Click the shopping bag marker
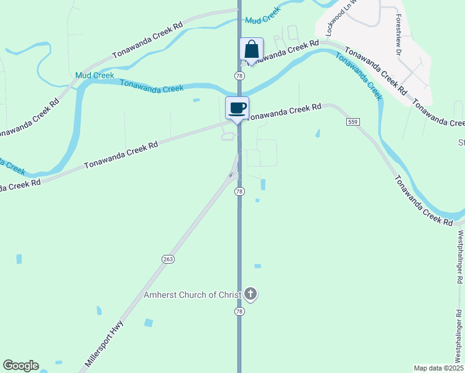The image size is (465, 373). [251, 49]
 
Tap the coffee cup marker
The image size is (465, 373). [237, 108]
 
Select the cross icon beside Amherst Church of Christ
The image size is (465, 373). [251, 294]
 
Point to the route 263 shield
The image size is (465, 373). [168, 259]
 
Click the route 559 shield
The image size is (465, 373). [352, 122]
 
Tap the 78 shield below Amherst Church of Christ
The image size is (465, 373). [239, 311]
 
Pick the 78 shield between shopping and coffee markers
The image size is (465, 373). [239, 75]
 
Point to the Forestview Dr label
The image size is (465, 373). [398, 35]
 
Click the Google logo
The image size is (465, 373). [21, 366]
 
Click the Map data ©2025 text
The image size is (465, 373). [438, 368]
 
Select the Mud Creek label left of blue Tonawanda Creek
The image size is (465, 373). [94, 75]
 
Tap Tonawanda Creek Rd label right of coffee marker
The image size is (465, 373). [285, 111]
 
